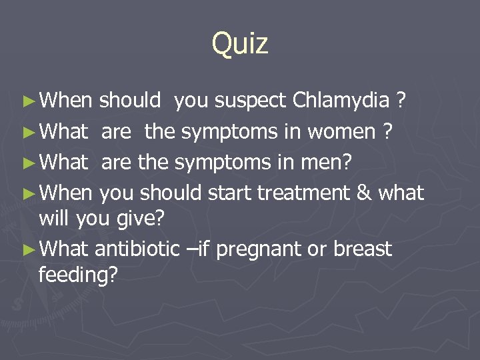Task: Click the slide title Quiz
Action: (240, 44)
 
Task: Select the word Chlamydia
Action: (341, 101)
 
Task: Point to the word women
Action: (347, 131)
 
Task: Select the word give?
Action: (141, 218)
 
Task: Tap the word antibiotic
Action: (137, 249)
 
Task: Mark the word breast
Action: (363, 249)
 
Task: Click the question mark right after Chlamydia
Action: (401, 101)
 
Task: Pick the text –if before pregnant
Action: (198, 249)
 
